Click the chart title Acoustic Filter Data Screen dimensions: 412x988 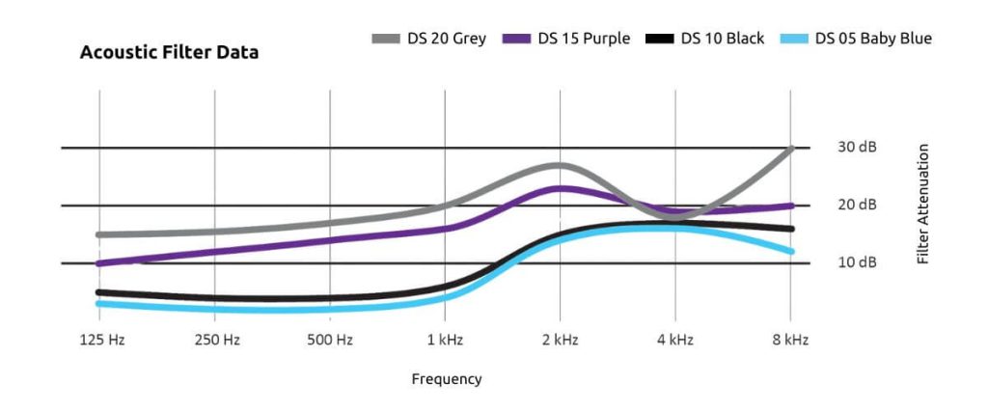(x=169, y=53)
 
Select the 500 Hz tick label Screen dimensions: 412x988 (x=330, y=340)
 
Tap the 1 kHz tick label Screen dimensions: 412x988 (x=445, y=340)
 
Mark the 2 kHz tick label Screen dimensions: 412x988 (x=560, y=340)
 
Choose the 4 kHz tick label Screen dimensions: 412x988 (x=675, y=340)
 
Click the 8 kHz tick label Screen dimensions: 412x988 (x=790, y=340)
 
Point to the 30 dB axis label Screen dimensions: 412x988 (x=856, y=148)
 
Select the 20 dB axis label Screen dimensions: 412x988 (x=856, y=206)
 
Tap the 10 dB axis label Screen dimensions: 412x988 (x=856, y=262)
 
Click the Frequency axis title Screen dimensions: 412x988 (x=446, y=379)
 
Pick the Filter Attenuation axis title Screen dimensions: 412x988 (x=923, y=205)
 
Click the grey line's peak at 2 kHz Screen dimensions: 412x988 (x=560, y=166)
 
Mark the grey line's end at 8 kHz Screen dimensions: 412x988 (x=790, y=149)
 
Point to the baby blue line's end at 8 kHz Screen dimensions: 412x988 (x=790, y=251)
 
